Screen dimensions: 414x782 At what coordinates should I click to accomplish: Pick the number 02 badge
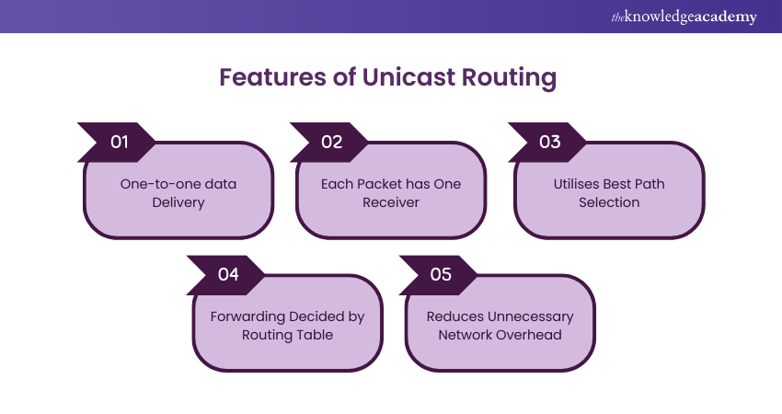point(331,142)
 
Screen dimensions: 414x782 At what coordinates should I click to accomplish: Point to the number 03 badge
point(549,142)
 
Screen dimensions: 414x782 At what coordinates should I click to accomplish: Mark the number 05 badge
point(441,275)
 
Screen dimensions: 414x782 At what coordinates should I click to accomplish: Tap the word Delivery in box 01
point(178,201)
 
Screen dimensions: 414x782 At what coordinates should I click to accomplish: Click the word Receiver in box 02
point(391,201)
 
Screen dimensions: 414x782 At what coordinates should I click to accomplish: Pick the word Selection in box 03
point(609,201)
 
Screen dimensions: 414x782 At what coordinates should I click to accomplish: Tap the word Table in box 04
point(314,334)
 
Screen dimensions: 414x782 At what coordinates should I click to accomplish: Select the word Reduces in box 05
point(454,316)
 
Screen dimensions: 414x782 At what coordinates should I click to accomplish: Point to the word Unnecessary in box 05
point(529,316)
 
